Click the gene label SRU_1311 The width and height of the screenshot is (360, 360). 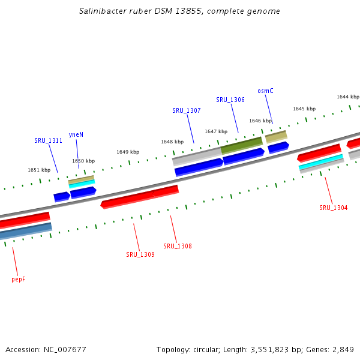(48, 140)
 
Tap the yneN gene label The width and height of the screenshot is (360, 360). (76, 134)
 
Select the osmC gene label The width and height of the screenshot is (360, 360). (265, 91)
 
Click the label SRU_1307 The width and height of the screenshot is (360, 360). (187, 110)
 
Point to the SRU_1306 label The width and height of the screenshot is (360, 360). (230, 100)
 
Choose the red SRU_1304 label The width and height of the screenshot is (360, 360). (333, 208)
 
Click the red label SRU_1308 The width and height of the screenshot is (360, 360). (178, 246)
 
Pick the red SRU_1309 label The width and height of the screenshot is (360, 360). (140, 254)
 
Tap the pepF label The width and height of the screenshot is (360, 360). (19, 280)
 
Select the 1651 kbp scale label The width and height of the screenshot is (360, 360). (39, 170)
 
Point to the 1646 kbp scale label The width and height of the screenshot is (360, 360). (260, 121)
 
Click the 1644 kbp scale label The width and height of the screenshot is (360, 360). (347, 97)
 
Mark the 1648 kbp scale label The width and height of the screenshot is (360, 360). (172, 142)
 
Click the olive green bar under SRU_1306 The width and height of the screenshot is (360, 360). (242, 145)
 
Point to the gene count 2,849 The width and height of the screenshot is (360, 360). (341, 349)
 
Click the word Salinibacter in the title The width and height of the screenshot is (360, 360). (100, 11)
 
